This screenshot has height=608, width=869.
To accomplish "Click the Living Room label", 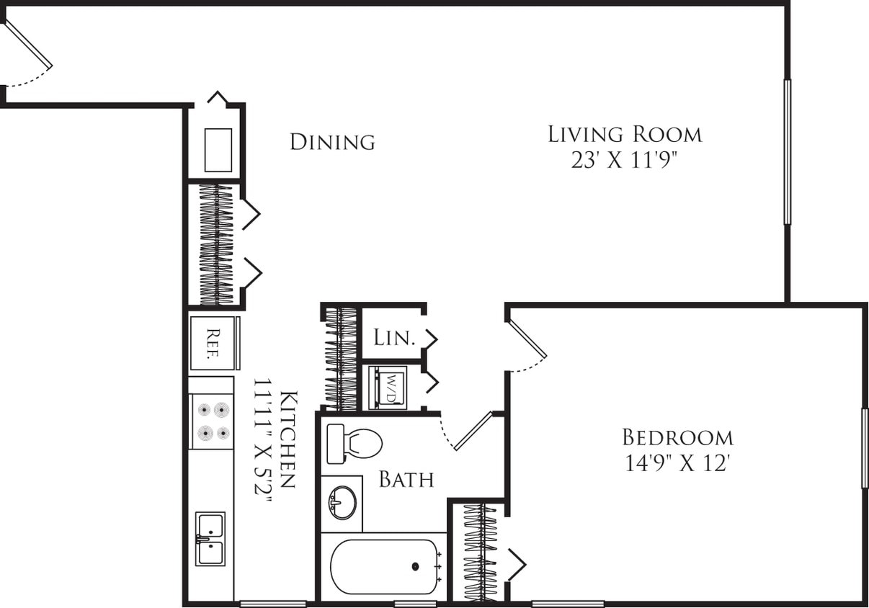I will coord(625,134).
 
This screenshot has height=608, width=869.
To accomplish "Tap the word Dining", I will coord(332,142).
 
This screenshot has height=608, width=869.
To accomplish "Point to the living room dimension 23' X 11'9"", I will coord(625,160).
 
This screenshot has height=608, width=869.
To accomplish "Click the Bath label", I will coord(406,479).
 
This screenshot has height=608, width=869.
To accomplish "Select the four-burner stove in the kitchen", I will coord(211,421).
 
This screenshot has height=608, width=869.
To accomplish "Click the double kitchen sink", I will coord(210,539).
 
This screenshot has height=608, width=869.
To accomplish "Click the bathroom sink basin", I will coord(342,501).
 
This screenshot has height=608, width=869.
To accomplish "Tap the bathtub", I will coord(385,567).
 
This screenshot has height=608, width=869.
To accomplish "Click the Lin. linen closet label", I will coord(394,337).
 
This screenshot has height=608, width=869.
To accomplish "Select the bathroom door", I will coord(472,431).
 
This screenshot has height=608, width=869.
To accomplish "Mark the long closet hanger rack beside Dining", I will coord(216,245).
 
